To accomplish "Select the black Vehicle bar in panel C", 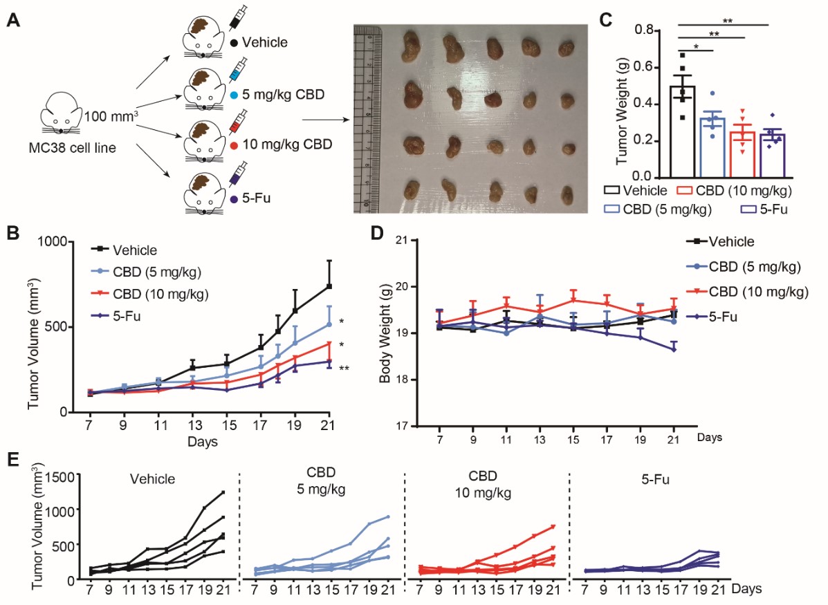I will (x=681, y=131).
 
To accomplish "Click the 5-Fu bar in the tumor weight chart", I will (x=772, y=155).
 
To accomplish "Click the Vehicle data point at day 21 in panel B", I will (x=329, y=286).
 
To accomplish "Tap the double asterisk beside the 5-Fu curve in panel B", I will (x=344, y=369).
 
